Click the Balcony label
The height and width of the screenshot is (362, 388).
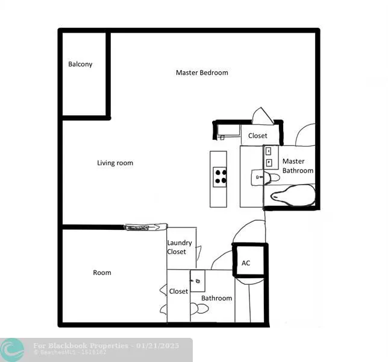click(80, 64)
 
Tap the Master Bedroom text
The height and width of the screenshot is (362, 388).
click(202, 72)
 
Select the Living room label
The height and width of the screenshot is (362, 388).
click(115, 163)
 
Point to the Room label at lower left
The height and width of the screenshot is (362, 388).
click(102, 273)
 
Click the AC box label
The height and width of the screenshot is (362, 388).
click(246, 263)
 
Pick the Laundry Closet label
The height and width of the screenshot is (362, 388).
click(180, 247)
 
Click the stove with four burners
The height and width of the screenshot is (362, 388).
click(221, 176)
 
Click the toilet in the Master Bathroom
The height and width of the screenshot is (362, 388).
click(273, 177)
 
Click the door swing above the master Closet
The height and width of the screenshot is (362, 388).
click(263, 116)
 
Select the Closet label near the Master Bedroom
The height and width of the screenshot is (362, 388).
click(257, 136)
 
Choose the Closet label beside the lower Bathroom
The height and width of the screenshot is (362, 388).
click(178, 291)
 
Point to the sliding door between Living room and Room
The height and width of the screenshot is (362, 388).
click(145, 227)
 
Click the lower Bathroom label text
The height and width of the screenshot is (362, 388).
click(216, 298)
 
